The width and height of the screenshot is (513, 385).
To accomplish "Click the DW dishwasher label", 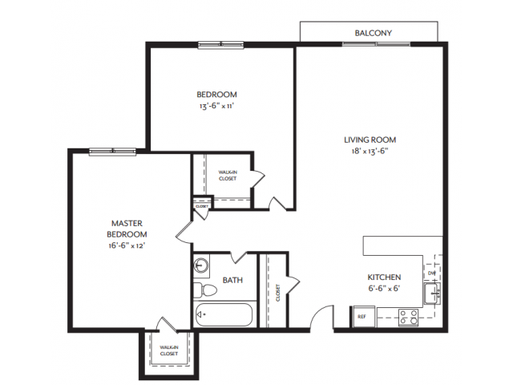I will click(x=431, y=272).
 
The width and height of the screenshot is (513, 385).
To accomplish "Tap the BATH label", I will click(x=232, y=281).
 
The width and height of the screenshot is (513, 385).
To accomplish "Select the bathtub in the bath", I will click(x=224, y=315).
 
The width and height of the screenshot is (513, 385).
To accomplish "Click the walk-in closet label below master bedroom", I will click(x=168, y=351).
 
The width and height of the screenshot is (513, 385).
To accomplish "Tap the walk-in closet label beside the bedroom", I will click(x=228, y=176).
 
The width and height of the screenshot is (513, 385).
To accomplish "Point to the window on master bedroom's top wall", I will click(x=111, y=151).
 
